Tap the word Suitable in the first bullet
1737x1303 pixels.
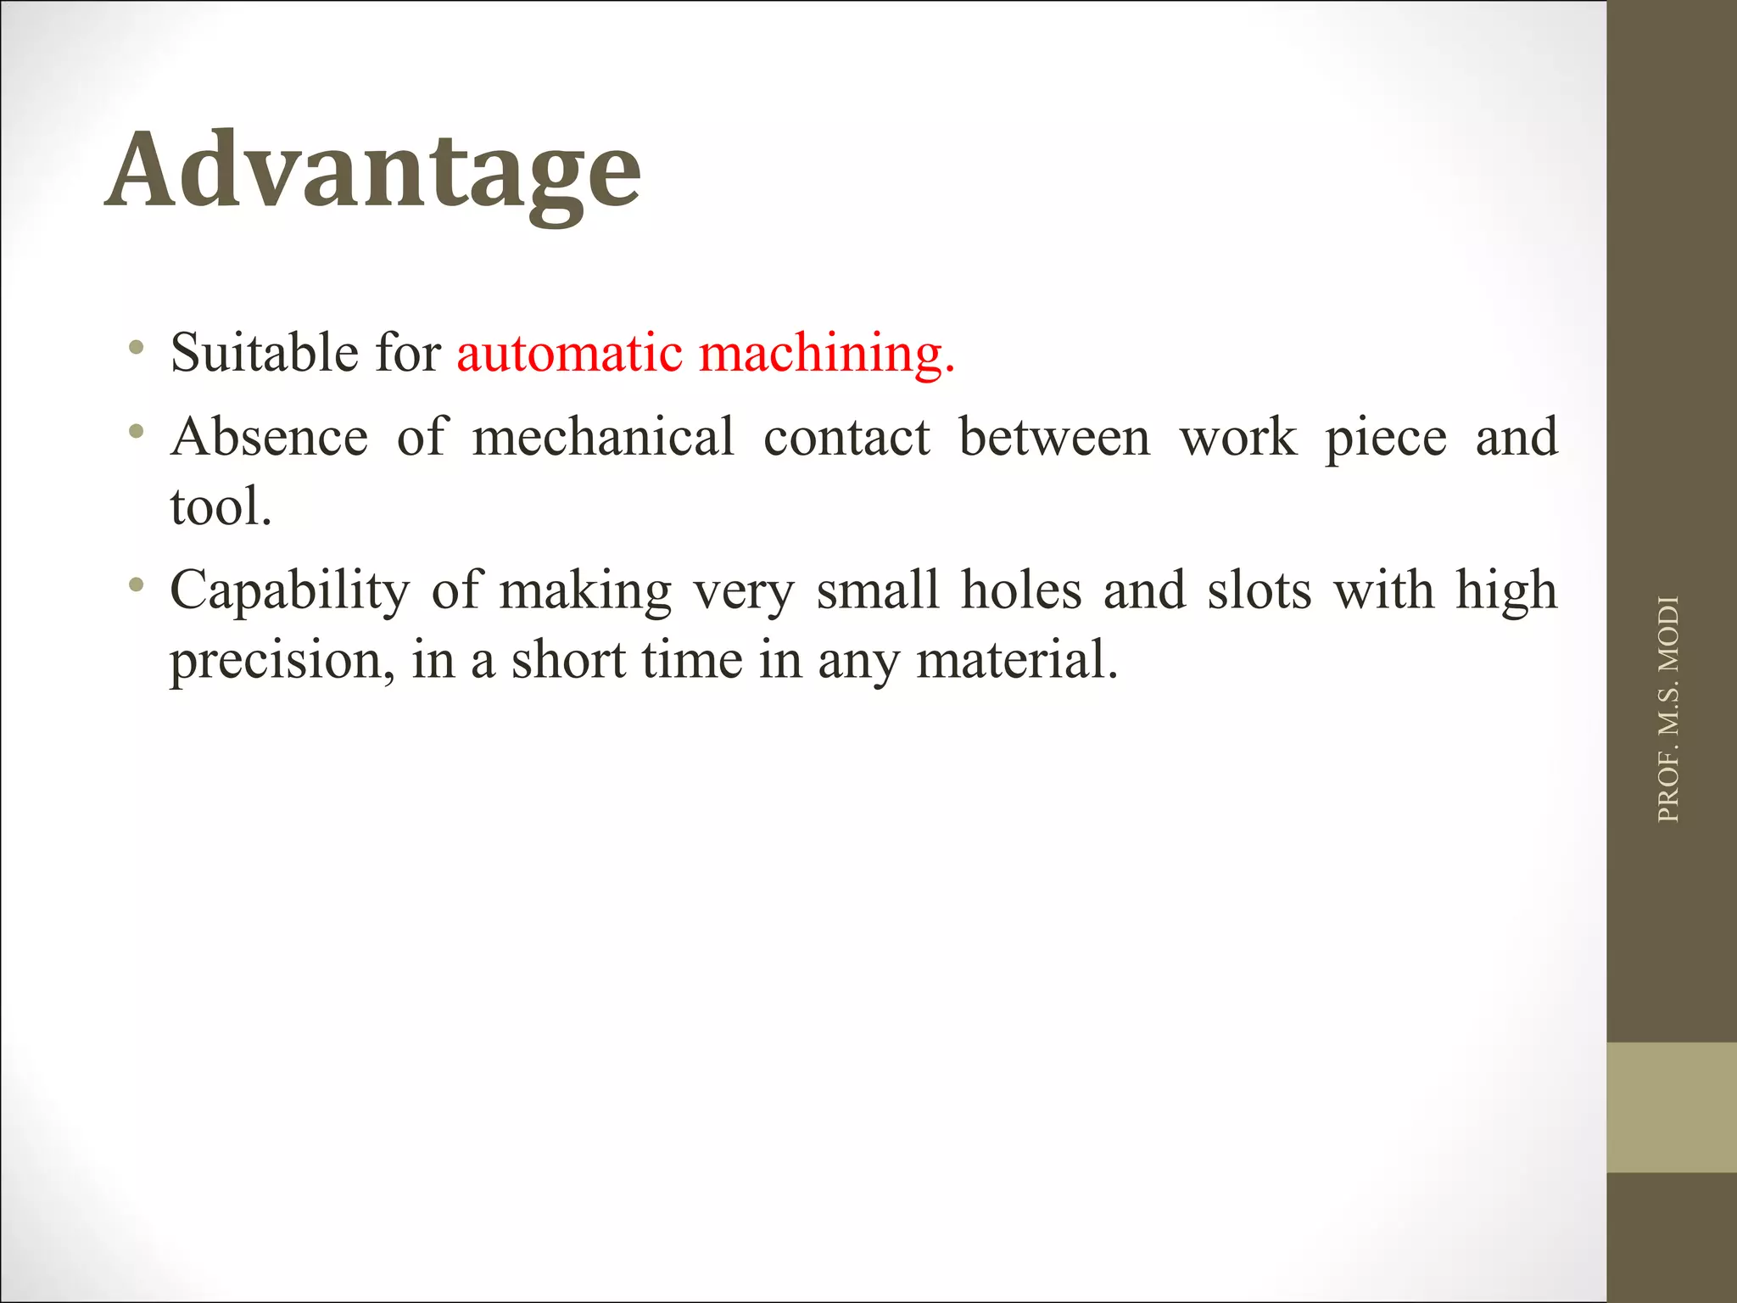coord(264,352)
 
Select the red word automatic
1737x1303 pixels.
coord(569,352)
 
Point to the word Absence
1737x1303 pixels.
coord(269,437)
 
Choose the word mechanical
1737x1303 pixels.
coord(603,437)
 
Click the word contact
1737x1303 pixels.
coord(846,438)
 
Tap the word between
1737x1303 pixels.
coord(1054,437)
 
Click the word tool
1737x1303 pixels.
coord(221,506)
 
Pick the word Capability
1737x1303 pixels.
coord(289,591)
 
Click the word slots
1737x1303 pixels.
coord(1259,590)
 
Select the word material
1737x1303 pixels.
coord(1017,659)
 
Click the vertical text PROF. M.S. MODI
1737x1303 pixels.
coord(1667,709)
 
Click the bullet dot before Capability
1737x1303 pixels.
coord(136,584)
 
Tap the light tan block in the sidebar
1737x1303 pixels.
coord(1671,1107)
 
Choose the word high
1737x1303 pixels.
coord(1506,591)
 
